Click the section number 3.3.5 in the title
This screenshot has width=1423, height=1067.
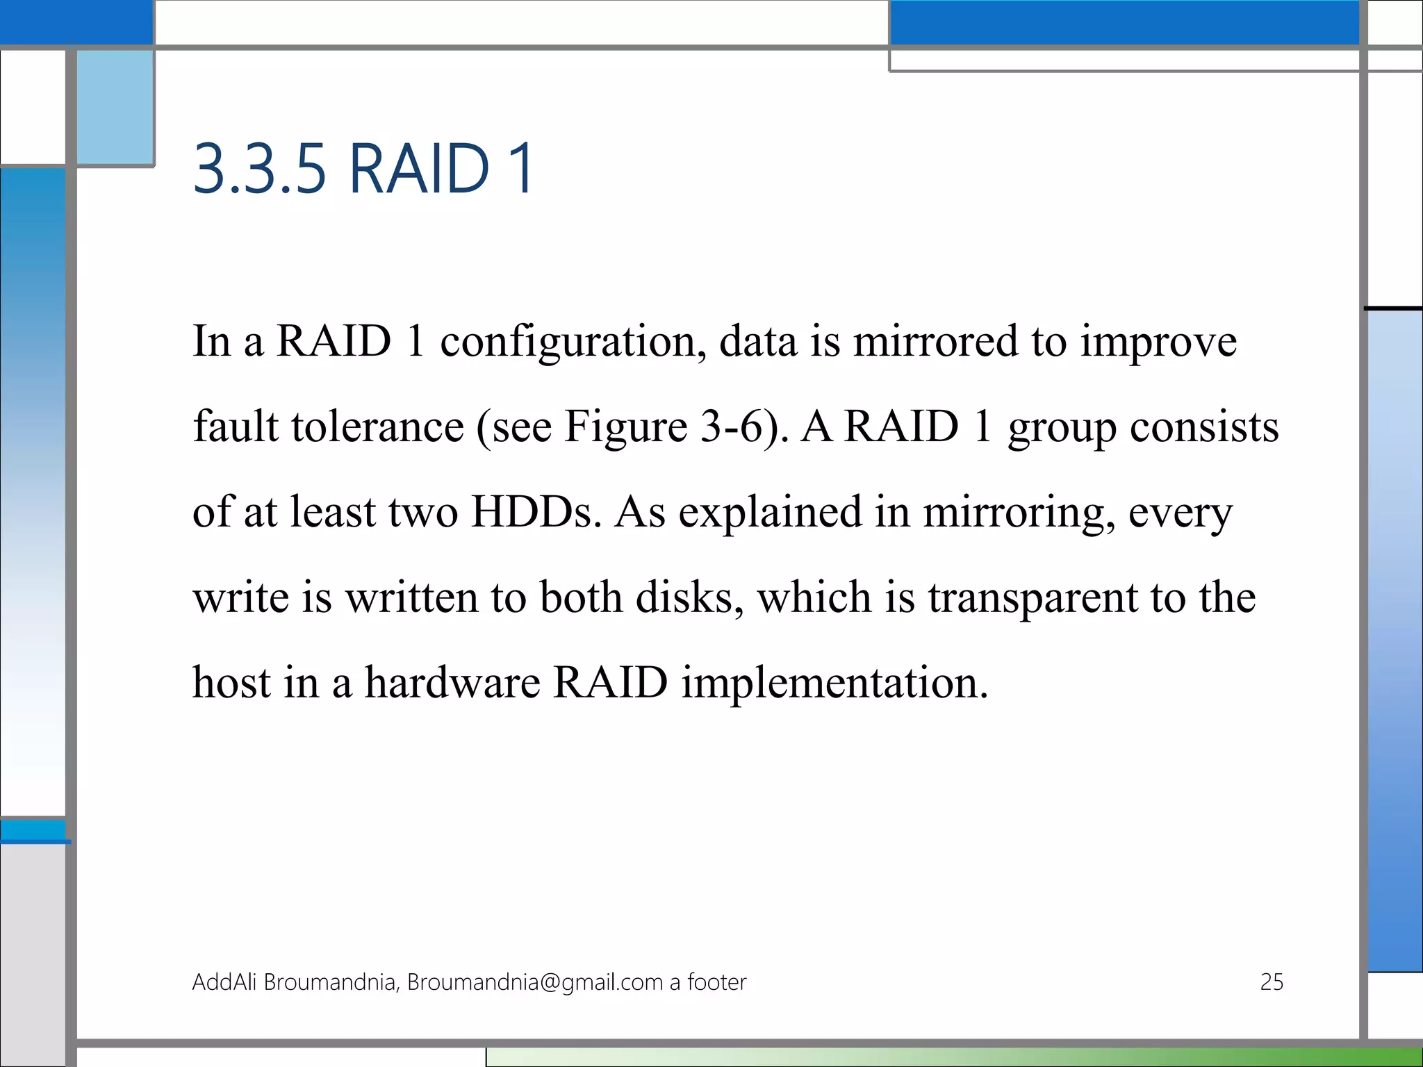[x=258, y=169]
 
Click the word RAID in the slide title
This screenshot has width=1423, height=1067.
[x=419, y=169]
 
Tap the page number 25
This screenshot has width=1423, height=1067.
[x=1271, y=982]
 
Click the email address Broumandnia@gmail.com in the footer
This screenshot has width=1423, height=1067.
[x=534, y=982]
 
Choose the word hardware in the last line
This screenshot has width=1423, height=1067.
[x=452, y=683]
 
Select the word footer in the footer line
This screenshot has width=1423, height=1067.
[x=716, y=982]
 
